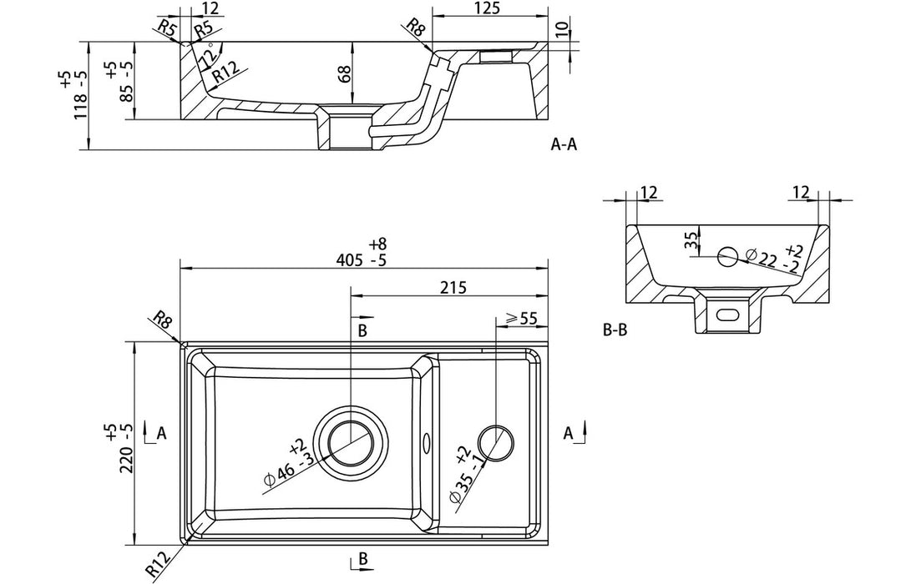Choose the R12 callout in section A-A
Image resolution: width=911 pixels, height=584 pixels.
click(x=224, y=75)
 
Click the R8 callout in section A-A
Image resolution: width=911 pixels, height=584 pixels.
click(x=415, y=30)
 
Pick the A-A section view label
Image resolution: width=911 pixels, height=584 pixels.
click(x=564, y=144)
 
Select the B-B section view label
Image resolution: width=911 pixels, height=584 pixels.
click(x=615, y=330)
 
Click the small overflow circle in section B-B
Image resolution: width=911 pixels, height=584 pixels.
click(x=727, y=255)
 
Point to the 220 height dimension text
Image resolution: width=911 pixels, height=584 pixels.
click(x=126, y=448)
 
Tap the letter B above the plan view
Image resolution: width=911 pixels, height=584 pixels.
click(x=362, y=330)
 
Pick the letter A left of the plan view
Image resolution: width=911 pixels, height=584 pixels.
click(x=161, y=433)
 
